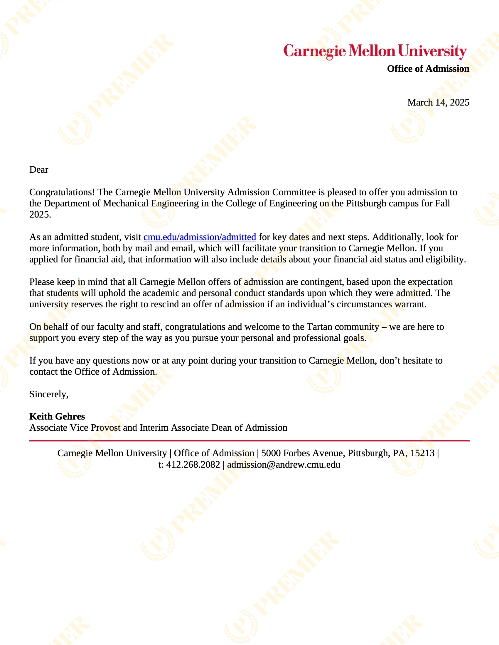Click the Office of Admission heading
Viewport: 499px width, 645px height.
428,69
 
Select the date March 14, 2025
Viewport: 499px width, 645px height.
438,102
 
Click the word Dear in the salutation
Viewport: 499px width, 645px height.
39,170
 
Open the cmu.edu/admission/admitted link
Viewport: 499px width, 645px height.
200,237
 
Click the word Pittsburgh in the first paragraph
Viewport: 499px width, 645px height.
366,203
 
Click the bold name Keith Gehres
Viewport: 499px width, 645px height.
57,416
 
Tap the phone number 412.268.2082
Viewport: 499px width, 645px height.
193,465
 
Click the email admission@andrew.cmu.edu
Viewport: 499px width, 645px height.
283,465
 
